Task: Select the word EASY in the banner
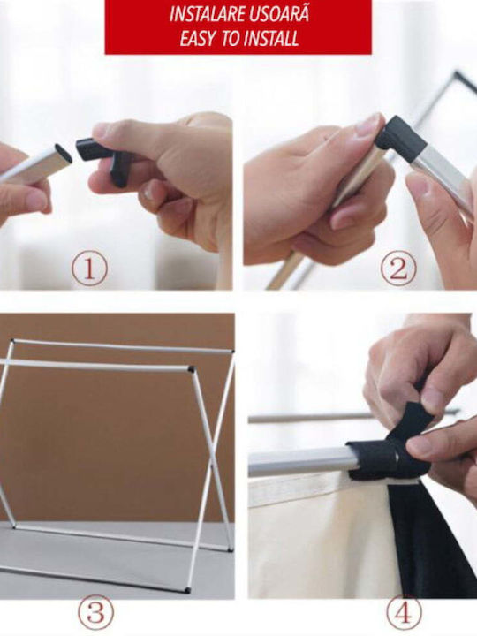coord(197,40)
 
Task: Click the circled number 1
coord(89,269)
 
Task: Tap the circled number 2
coord(397,269)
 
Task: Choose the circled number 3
coord(95,612)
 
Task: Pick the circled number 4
coord(403,613)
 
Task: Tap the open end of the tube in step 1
coord(64,154)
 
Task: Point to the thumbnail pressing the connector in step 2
coord(368,125)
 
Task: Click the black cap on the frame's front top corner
coord(191,369)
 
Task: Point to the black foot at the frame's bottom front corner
coord(187,590)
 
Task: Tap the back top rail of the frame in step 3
coord(122,346)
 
